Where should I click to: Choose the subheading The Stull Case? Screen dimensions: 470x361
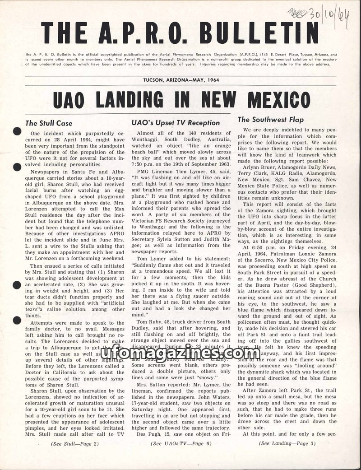pos(49,123)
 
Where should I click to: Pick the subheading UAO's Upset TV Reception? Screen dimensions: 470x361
pos(176,122)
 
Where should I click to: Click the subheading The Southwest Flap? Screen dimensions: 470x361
pos(270,120)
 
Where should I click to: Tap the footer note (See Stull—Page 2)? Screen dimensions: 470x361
pos(75,443)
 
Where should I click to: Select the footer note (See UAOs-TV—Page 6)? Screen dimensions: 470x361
pos(181,443)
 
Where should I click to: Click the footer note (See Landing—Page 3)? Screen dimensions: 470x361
pos(287,443)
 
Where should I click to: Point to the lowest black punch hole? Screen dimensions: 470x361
pos(17,320)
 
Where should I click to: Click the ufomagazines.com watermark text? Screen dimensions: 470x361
pos(180,354)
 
